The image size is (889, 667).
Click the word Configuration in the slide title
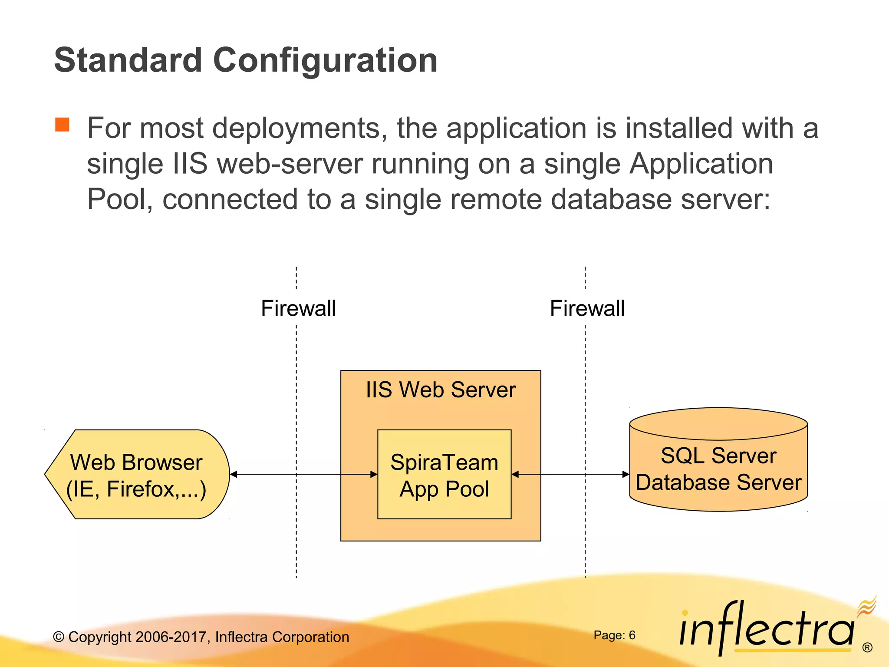coord(325,61)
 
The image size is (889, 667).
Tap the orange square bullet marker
coord(62,125)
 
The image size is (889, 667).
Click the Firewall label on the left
coord(298,308)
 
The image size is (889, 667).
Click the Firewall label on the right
coord(587,308)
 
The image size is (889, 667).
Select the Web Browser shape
coord(136,475)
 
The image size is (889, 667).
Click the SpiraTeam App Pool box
coord(444,475)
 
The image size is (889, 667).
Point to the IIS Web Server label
coord(441,390)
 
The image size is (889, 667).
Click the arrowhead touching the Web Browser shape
coord(234,474)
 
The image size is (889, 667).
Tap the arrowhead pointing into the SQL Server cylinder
coord(626,474)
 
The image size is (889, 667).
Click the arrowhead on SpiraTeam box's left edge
coord(374,474)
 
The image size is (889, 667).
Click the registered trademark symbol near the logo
coord(867,647)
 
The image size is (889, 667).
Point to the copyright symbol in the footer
coord(59,637)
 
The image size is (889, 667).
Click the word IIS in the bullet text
coord(190,164)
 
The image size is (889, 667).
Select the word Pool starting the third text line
coord(117,199)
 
